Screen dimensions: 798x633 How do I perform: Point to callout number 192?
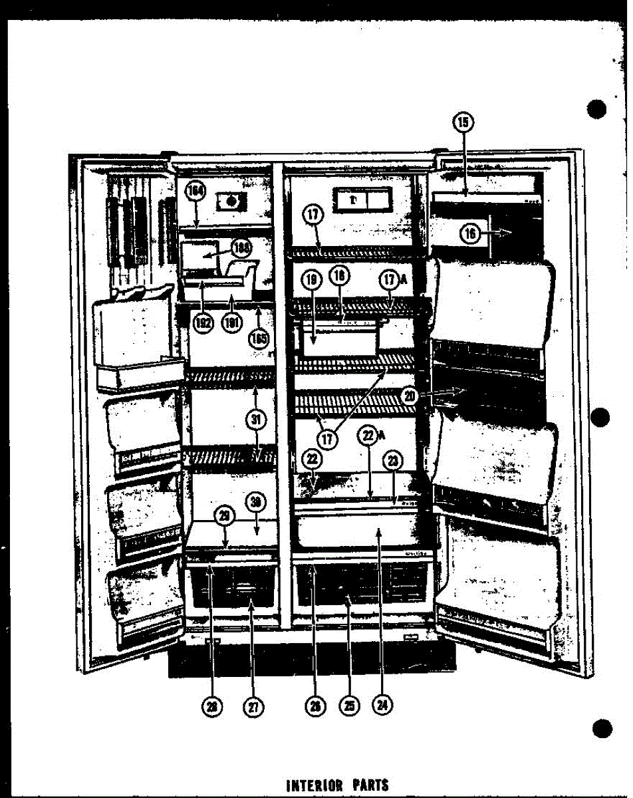(203, 324)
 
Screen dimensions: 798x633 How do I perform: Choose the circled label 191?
(231, 324)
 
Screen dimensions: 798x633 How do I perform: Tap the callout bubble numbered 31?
(255, 419)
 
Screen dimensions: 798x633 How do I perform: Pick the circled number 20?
(410, 396)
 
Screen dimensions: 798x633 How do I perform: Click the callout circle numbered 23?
(393, 461)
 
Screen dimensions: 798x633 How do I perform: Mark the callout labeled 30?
(255, 503)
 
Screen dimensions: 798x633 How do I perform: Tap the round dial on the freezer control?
(231, 199)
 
